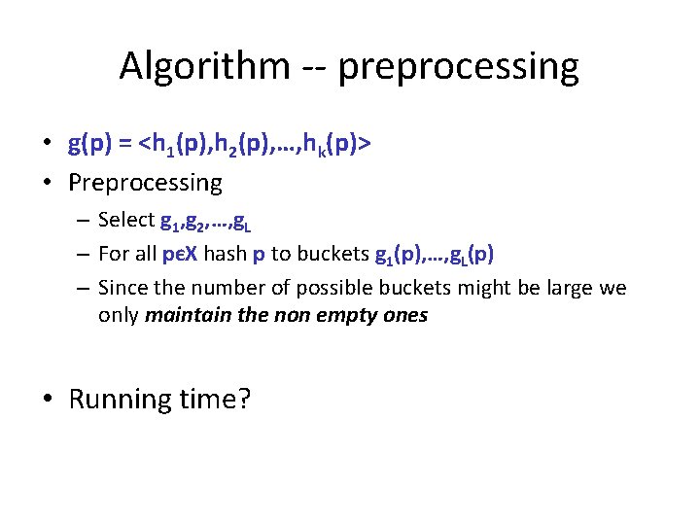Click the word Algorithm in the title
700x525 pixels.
(x=204, y=67)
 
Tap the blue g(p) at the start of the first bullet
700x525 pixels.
(x=90, y=145)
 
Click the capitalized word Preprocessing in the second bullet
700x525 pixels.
(x=145, y=182)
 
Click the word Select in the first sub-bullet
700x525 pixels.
(x=126, y=221)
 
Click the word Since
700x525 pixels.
(x=121, y=289)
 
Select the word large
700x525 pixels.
(x=564, y=289)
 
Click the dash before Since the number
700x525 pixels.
(x=83, y=289)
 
